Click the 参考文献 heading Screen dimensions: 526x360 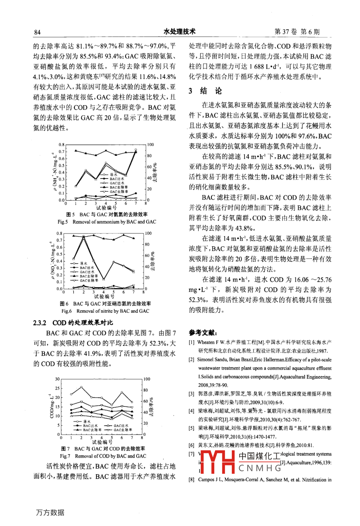203,332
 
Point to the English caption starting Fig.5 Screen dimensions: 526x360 107,222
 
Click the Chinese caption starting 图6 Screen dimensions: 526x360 105,304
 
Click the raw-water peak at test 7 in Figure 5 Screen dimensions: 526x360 136,150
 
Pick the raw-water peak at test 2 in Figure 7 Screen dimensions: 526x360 81,387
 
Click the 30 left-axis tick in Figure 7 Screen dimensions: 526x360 57,379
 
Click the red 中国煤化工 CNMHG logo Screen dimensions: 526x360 239,461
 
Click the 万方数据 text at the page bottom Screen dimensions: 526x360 50,512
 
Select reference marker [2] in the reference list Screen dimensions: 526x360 192,359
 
